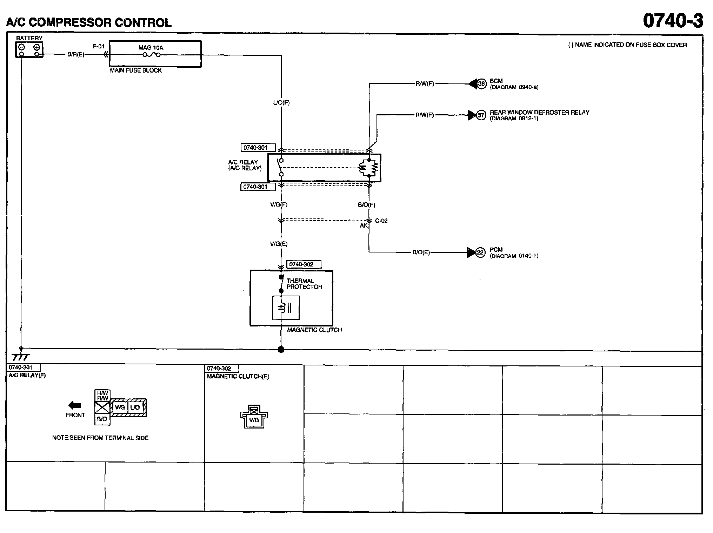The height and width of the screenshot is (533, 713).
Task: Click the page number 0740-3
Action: pyautogui.click(x=673, y=21)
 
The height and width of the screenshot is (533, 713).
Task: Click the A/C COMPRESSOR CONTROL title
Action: pyautogui.click(x=89, y=22)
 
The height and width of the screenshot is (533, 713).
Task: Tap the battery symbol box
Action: pyautogui.click(x=29, y=49)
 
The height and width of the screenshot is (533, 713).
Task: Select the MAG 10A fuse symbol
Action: pyautogui.click(x=151, y=55)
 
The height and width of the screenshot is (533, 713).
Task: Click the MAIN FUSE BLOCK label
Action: pyautogui.click(x=136, y=70)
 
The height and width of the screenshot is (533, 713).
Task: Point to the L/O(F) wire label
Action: pyautogui.click(x=281, y=103)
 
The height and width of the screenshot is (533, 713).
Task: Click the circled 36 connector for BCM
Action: pyautogui.click(x=481, y=84)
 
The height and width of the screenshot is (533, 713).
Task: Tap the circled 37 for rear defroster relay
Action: pyautogui.click(x=481, y=115)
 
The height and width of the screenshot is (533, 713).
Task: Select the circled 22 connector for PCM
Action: pyautogui.click(x=480, y=252)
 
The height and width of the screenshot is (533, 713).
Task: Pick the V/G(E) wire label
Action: pyautogui.click(x=279, y=244)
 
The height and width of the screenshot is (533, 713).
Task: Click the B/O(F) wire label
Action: pyautogui.click(x=367, y=205)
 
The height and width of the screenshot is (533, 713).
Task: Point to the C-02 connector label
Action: pyautogui.click(x=381, y=221)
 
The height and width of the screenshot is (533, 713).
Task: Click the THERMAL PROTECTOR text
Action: pyautogui.click(x=304, y=284)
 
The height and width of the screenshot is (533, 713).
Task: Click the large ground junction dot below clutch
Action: pyautogui.click(x=281, y=349)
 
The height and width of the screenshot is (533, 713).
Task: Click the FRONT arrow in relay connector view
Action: pyautogui.click(x=75, y=405)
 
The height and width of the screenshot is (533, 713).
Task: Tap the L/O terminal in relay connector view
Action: pyautogui.click(x=135, y=407)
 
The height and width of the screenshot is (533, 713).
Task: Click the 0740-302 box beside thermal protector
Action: pyautogui.click(x=304, y=264)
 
